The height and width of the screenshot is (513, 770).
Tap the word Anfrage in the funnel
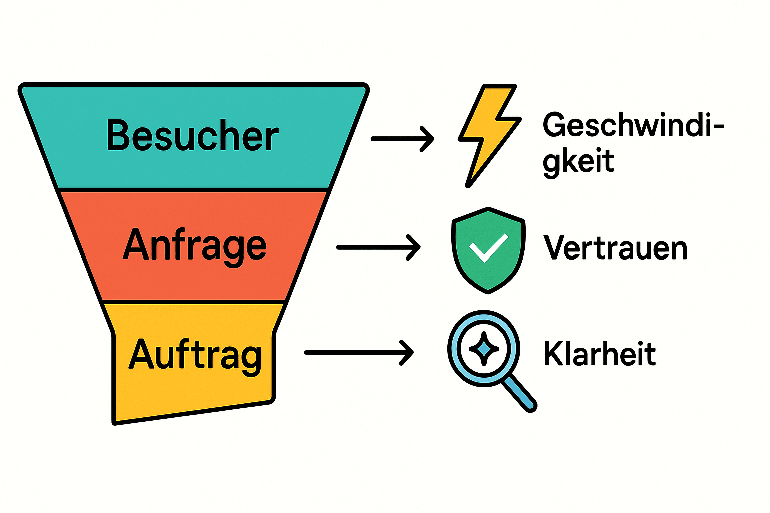(195, 245)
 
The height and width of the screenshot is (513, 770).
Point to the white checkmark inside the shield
(487, 248)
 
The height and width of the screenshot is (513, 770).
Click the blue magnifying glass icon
(484, 349)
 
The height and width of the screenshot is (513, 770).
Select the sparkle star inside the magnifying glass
(484, 349)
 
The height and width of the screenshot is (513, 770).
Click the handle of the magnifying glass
(519, 393)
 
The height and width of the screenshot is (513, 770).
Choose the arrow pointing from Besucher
(402, 138)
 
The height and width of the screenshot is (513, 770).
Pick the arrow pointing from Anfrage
(378, 247)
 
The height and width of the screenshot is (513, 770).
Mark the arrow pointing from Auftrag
(358, 353)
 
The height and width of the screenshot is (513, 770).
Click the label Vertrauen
(615, 248)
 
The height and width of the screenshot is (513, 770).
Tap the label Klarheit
(600, 354)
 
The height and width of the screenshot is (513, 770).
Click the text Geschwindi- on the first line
(633, 125)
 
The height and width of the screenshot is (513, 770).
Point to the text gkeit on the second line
(578, 161)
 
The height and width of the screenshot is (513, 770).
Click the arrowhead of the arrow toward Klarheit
(407, 353)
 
